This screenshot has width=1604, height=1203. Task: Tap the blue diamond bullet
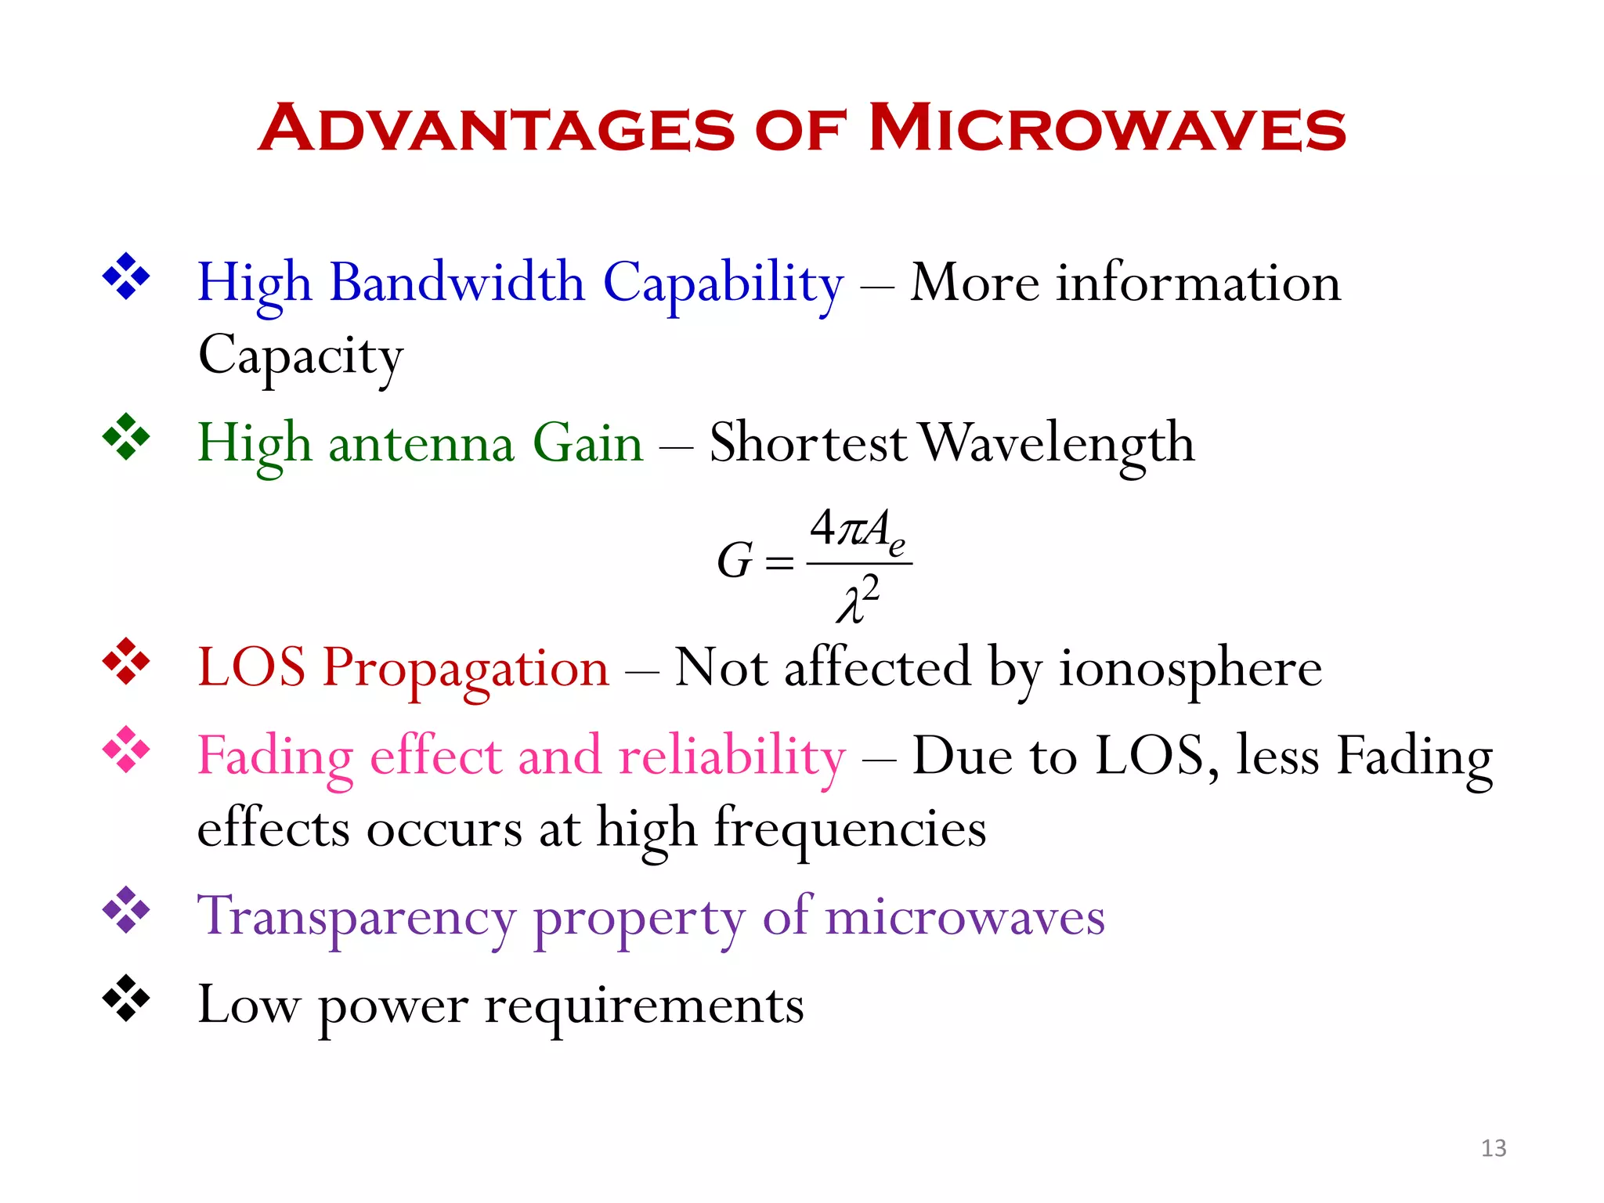[126, 276]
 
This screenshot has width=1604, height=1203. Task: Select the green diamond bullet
[126, 436]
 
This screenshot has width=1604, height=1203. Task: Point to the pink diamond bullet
[126, 750]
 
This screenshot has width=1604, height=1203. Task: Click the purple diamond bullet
[126, 910]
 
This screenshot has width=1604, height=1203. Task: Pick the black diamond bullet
[126, 999]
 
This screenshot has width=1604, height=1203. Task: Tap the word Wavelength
[1057, 443]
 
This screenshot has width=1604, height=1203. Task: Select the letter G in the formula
[735, 561]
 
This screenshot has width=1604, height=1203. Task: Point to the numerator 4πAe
[858, 530]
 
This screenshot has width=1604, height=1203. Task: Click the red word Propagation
[466, 668]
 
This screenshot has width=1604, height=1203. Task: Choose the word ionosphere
[1190, 668]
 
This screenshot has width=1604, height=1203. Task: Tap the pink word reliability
[732, 756]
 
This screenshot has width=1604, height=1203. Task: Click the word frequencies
[850, 829]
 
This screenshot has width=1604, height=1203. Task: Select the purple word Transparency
[356, 916]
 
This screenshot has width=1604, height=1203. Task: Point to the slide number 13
[1494, 1148]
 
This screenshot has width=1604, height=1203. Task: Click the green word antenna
[421, 443]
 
